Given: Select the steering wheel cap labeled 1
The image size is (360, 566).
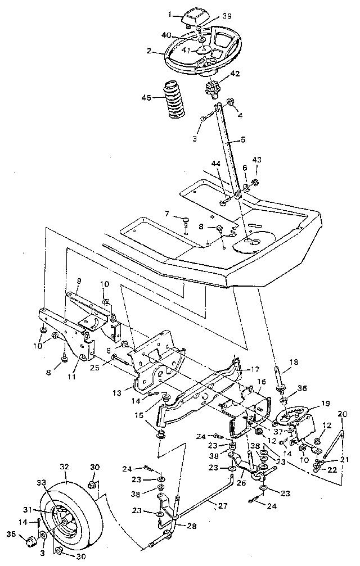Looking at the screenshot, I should point(194,19).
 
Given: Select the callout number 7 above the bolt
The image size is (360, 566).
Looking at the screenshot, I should point(166,214).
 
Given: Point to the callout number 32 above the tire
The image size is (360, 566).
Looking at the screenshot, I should point(64,466).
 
